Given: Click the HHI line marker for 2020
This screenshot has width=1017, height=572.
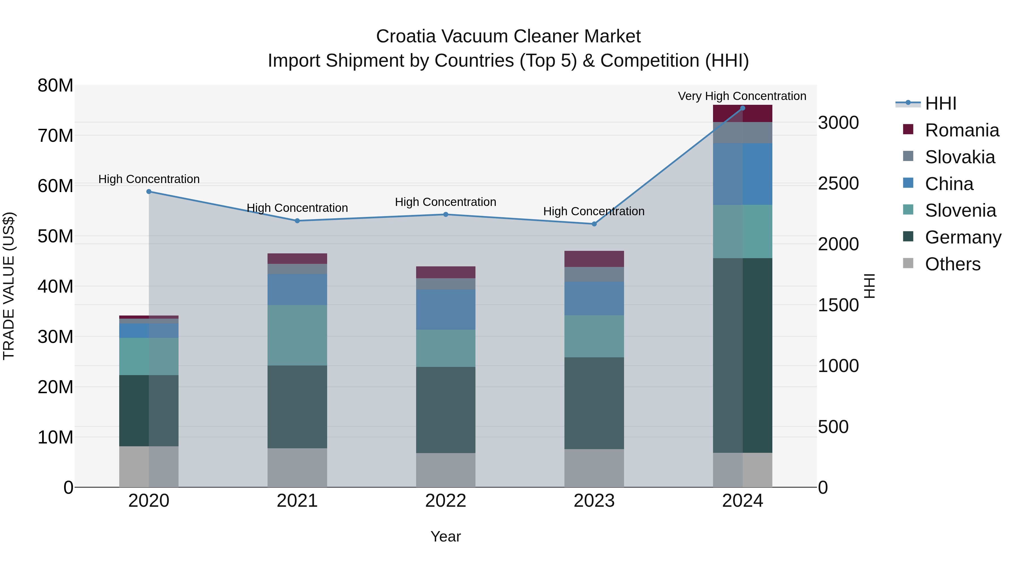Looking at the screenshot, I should pos(149,192).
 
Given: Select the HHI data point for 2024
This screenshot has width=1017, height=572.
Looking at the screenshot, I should pos(743,108).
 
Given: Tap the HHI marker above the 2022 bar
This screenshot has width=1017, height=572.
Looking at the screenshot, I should pos(446,214).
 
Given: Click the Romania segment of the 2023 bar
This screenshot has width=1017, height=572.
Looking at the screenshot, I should pos(594,259).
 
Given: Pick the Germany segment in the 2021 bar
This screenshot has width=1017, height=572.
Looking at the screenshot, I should pos(297,406).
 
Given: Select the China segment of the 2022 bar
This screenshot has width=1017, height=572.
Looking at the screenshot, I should pos(446,310).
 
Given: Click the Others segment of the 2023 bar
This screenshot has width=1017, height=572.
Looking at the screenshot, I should pos(594,468).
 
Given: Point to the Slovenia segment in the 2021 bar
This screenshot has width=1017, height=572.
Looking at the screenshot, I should pos(297,335).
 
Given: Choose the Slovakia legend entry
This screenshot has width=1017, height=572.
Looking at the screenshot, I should pos(960,157).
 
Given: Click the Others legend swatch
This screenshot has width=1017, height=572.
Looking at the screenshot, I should pos(908,263).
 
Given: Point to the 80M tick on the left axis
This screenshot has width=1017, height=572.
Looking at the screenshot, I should pos(55,85).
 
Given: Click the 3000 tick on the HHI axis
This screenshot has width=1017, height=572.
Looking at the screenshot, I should pos(838,123).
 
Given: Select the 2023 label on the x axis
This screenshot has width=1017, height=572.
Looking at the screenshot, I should pos(594,501).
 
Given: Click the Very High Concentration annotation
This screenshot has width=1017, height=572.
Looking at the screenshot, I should pos(742,96).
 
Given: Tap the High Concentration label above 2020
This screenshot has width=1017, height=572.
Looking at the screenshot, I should pos(149,179).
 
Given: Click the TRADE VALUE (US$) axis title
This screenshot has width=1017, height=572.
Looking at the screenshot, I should pos(9,286).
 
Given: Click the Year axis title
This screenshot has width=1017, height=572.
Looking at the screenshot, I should pos(446,536).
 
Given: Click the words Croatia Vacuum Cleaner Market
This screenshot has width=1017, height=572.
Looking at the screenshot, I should pos(508,36).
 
